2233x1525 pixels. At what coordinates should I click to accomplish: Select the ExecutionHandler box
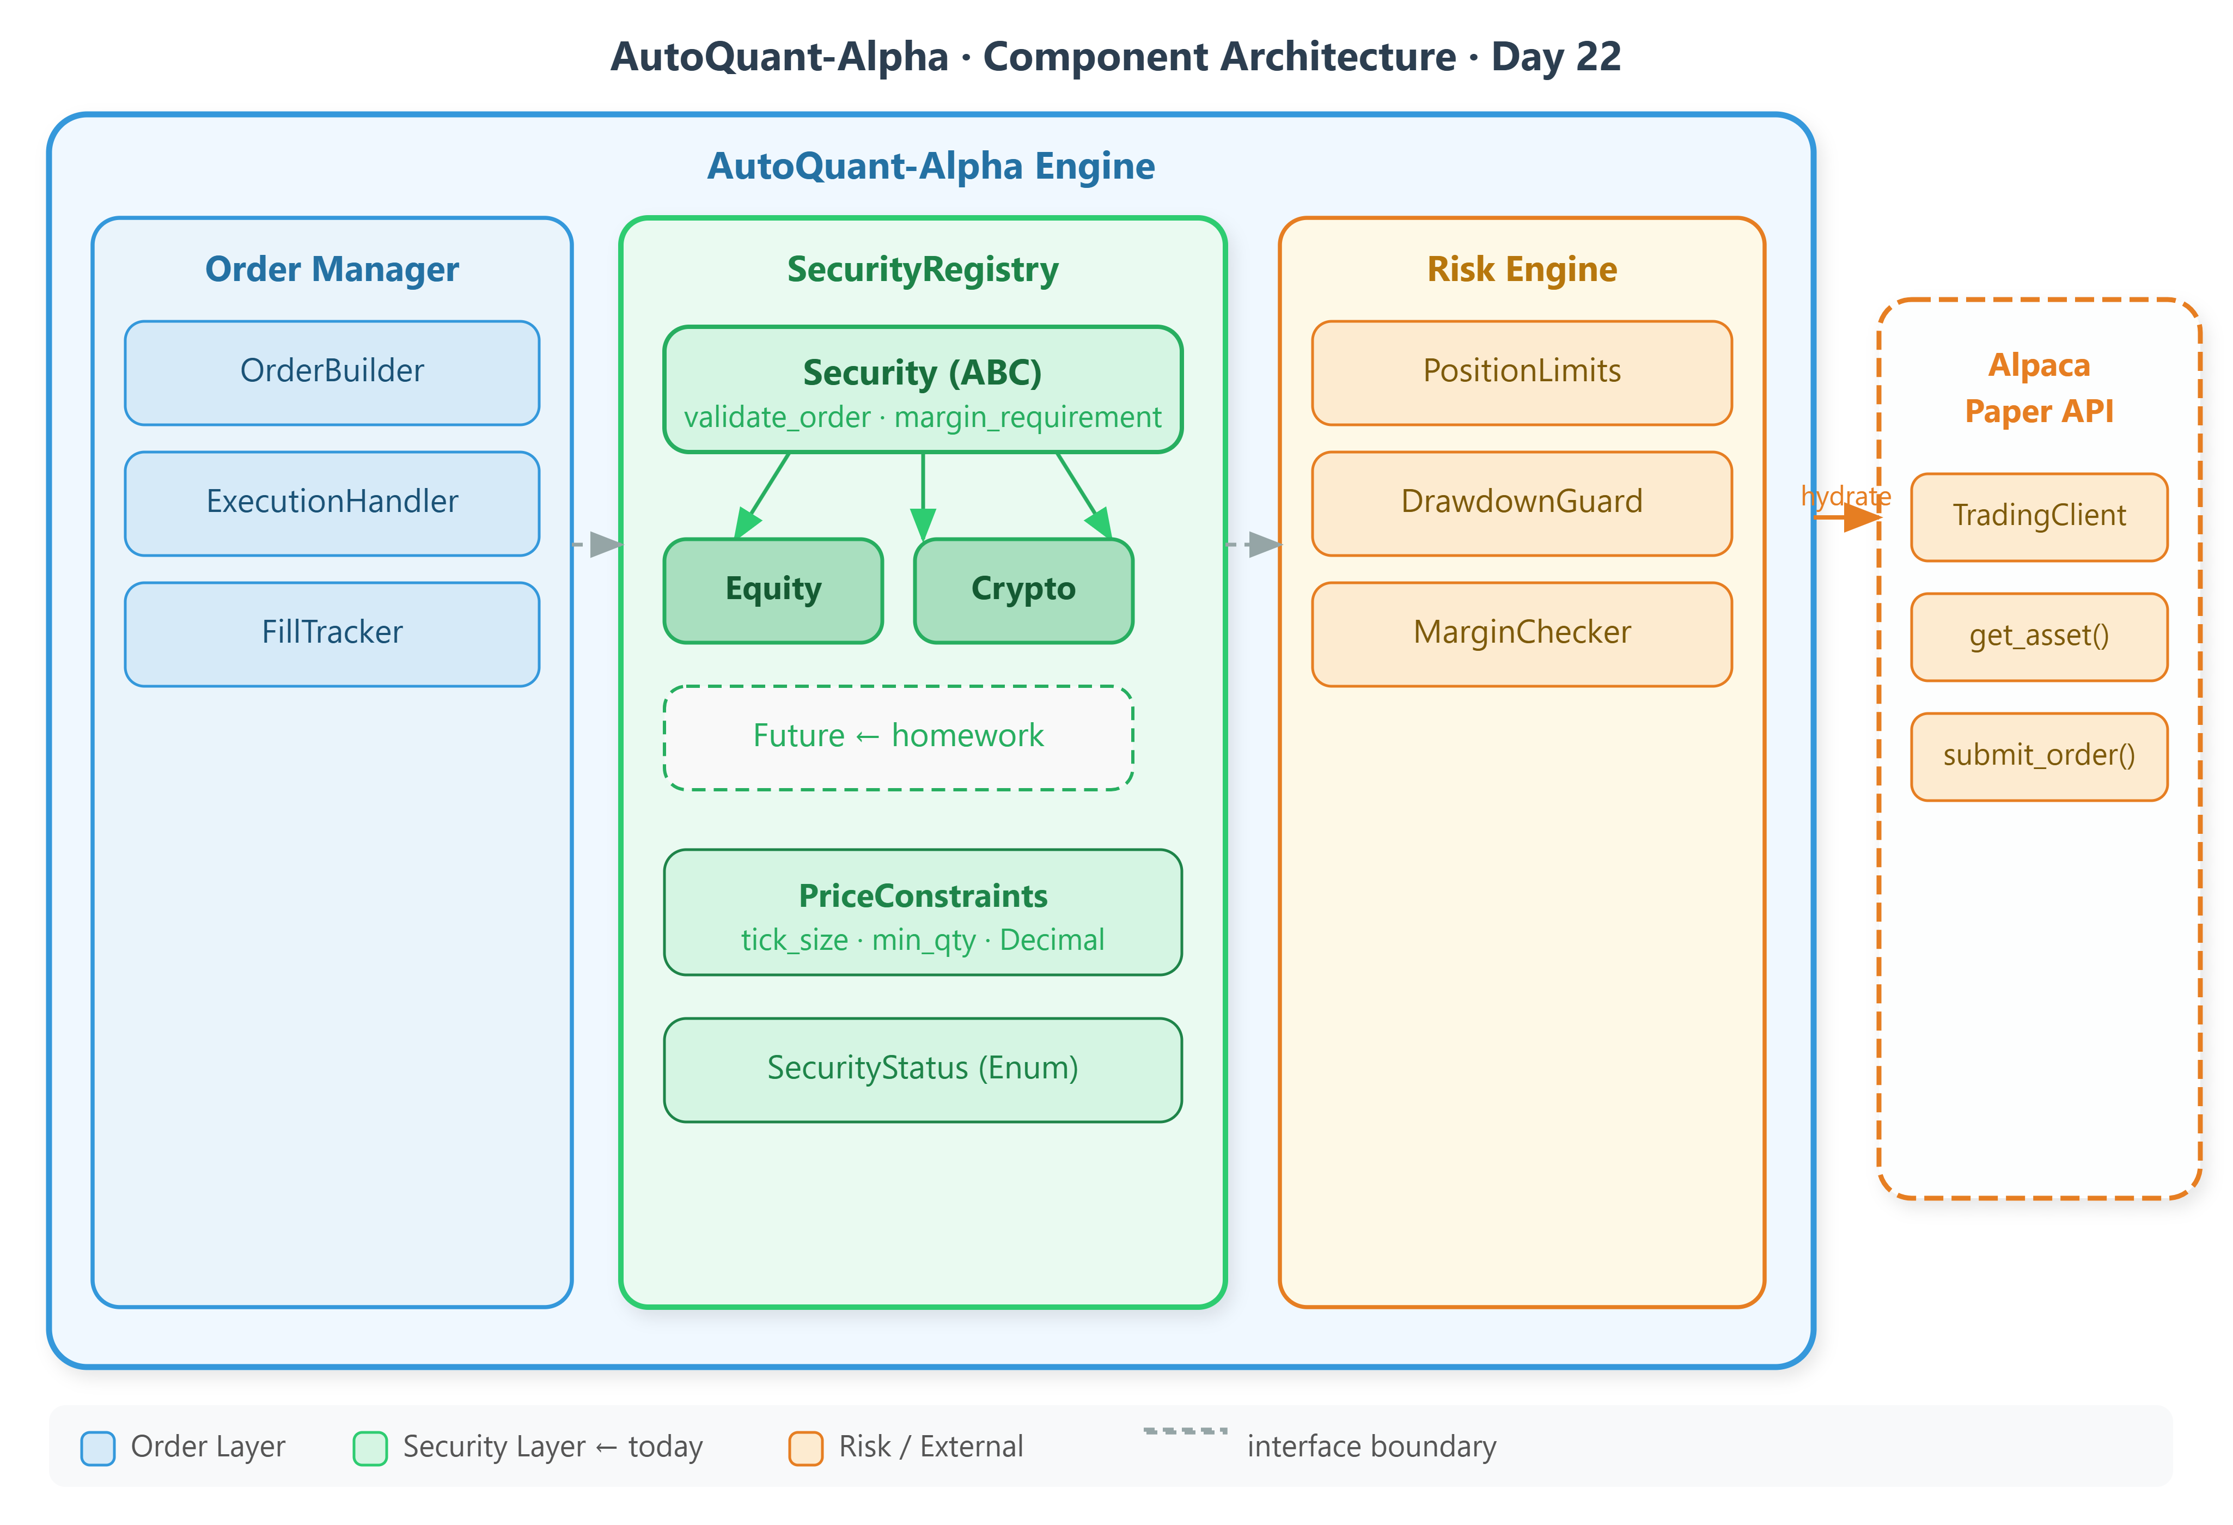[x=332, y=503]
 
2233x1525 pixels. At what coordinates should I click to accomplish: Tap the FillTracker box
[x=332, y=633]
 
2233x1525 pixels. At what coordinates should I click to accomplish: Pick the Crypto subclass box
[x=1023, y=590]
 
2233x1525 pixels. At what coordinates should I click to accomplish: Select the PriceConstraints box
[x=923, y=911]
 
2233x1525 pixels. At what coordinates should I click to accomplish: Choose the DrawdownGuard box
[x=1521, y=503]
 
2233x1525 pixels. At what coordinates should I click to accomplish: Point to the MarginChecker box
[x=1521, y=633]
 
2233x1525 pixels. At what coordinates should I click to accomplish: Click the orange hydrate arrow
[x=1850, y=518]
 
